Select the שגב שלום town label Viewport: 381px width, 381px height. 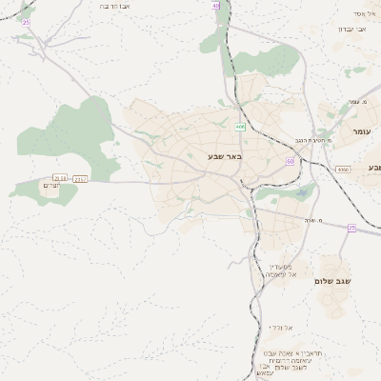333,281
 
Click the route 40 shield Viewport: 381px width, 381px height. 216,5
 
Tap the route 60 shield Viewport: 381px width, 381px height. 290,161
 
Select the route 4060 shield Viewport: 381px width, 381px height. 343,169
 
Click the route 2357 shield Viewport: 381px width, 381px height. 80,177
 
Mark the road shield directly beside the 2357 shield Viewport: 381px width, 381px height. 61,177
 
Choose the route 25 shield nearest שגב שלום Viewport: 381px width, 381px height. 351,228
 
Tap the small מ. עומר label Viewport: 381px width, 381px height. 359,101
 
